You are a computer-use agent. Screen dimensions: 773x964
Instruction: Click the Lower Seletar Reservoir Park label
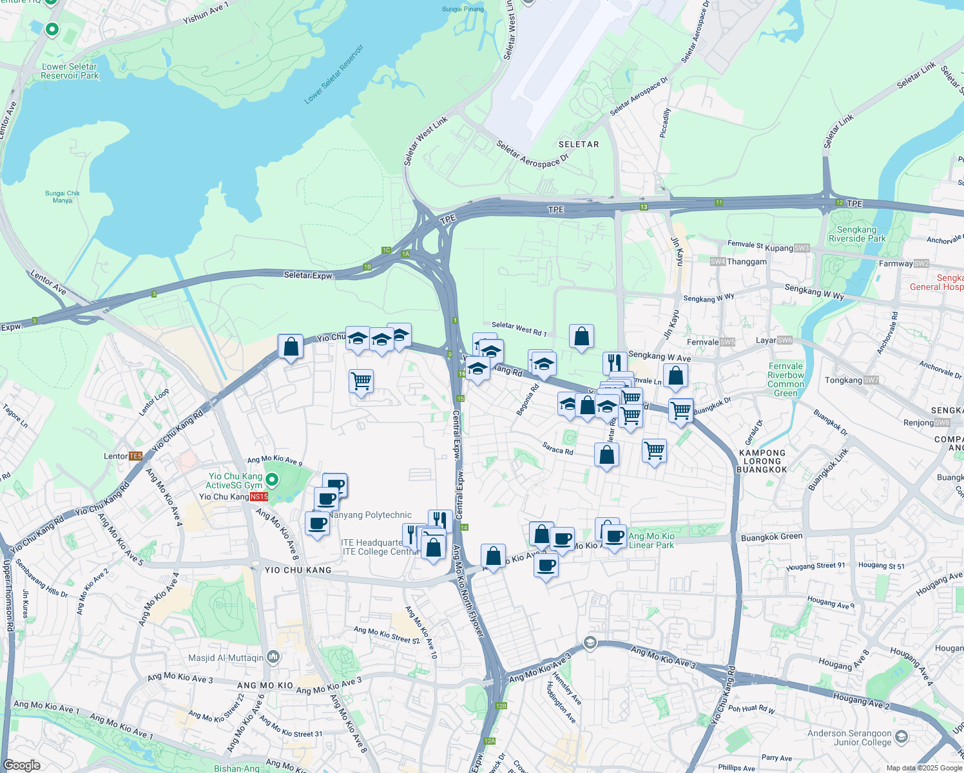click(x=70, y=71)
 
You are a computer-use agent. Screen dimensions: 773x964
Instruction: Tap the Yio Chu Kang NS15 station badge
click(x=259, y=497)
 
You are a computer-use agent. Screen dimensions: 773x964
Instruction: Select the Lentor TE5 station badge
click(x=135, y=456)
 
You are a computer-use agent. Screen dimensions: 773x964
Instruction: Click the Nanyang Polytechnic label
click(x=371, y=515)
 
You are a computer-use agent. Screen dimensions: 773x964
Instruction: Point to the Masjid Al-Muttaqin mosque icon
click(x=273, y=657)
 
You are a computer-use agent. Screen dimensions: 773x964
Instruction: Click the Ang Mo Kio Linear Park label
click(x=651, y=540)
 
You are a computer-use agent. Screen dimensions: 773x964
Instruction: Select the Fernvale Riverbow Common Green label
click(x=786, y=379)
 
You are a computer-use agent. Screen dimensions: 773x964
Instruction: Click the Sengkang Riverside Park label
click(x=857, y=234)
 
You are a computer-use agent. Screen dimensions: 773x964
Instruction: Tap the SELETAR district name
click(x=579, y=144)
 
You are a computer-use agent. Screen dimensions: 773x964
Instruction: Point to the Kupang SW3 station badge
click(x=802, y=248)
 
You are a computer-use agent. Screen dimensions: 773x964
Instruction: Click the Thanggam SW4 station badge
click(x=718, y=262)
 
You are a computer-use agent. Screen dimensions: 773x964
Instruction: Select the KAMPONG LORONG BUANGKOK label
click(x=762, y=461)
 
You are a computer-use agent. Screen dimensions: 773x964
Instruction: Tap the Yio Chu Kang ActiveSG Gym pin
click(x=272, y=479)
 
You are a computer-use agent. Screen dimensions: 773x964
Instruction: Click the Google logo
click(x=21, y=765)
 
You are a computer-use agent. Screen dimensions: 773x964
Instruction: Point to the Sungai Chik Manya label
click(x=63, y=196)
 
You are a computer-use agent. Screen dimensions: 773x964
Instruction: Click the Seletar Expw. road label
click(x=309, y=275)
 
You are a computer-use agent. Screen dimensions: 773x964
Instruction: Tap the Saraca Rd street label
click(x=557, y=448)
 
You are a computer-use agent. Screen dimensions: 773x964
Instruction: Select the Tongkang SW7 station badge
click(x=871, y=380)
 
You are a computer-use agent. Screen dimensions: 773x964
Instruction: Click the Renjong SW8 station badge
click(x=942, y=423)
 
